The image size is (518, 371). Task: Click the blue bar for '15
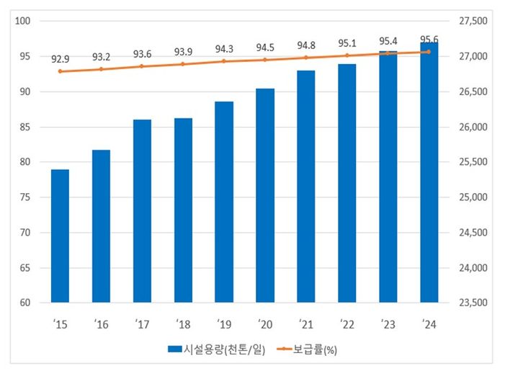[60, 236]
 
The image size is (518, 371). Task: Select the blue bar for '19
[224, 202]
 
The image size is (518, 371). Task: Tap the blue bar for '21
[306, 187]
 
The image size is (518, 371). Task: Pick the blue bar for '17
[142, 211]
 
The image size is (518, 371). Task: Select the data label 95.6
[429, 39]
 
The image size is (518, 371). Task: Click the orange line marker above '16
[102, 69]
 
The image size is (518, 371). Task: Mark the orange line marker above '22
[347, 55]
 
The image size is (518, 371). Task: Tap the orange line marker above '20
[265, 60]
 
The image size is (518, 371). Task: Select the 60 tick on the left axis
[24, 303]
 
